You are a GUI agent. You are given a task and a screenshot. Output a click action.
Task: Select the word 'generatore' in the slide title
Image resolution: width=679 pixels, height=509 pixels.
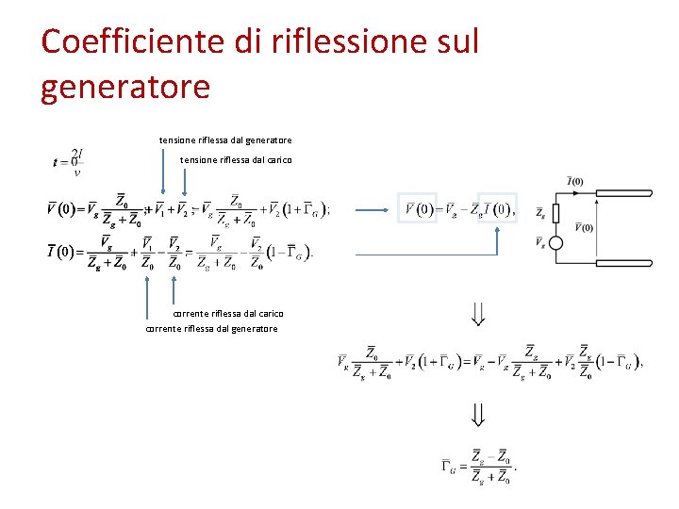[x=125, y=87]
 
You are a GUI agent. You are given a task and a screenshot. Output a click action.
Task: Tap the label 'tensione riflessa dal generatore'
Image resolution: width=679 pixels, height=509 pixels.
[x=225, y=140]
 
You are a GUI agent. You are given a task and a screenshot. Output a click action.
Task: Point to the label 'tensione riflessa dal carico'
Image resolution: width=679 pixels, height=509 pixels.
[x=236, y=160]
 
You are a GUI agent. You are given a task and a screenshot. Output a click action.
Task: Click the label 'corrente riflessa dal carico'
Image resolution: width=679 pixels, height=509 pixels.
[x=228, y=313]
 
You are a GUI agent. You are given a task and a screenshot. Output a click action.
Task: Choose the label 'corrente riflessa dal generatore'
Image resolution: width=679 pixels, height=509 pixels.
[x=211, y=329]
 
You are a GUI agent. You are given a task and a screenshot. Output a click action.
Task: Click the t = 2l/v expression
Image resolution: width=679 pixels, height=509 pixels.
[x=67, y=161]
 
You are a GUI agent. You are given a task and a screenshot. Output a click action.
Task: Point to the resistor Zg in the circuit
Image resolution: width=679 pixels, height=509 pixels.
[x=555, y=214]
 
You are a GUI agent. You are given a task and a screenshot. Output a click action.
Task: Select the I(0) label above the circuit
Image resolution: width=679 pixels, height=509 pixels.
[x=574, y=181]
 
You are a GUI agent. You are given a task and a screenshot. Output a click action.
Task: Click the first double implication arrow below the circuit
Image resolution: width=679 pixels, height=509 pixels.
[x=478, y=313]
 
